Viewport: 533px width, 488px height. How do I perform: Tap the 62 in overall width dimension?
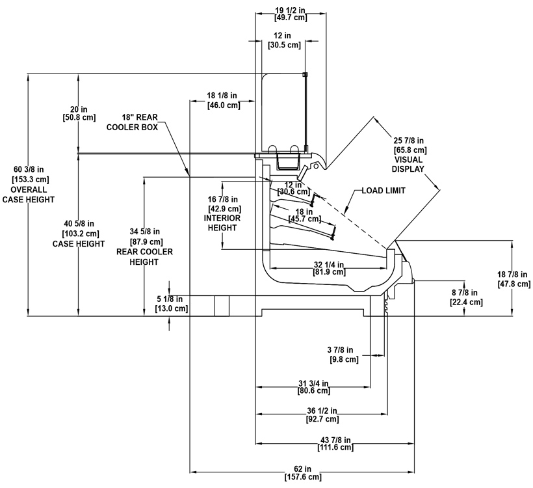tap(302, 473)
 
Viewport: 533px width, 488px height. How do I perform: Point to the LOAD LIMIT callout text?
tap(384, 191)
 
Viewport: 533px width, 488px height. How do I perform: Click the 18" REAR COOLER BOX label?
tap(133, 124)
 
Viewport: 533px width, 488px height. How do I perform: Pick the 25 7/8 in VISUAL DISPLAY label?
tap(408, 154)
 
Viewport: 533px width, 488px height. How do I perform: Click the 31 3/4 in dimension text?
tap(314, 387)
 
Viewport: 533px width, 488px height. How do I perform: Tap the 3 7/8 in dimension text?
tap(343, 355)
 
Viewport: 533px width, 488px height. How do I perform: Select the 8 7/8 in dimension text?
tap(466, 297)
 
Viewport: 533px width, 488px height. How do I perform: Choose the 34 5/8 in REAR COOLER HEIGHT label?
tap(144, 246)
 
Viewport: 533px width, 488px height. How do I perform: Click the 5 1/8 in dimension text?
tap(172, 304)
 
